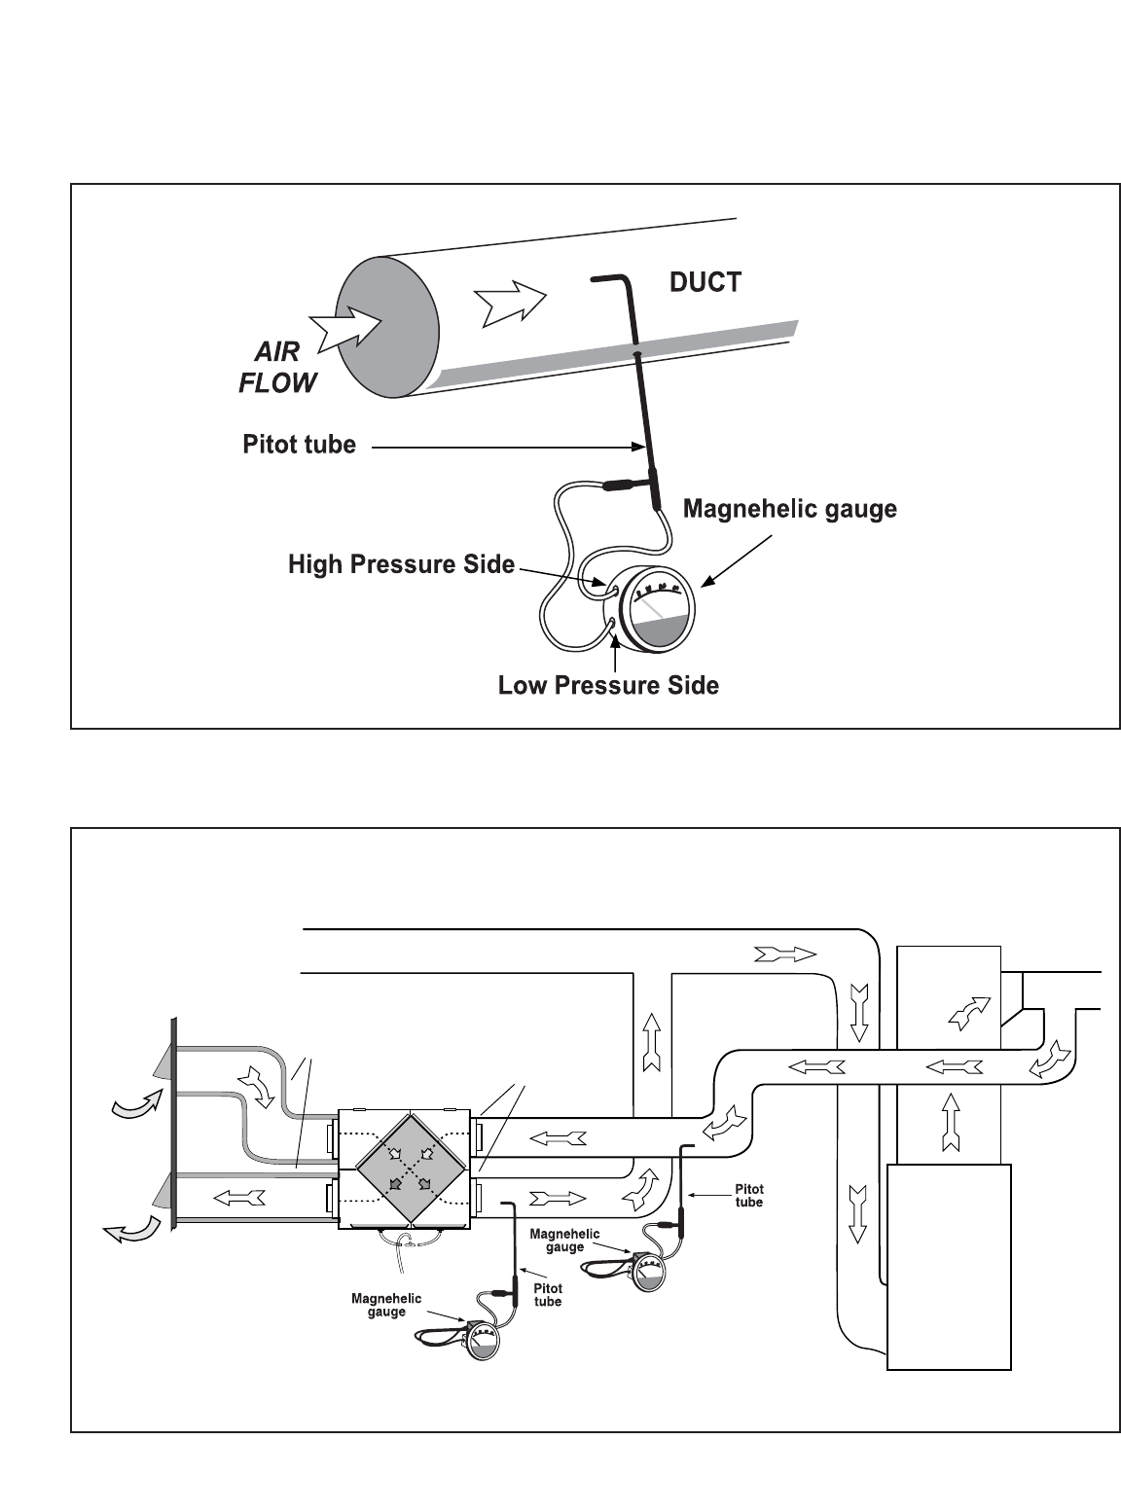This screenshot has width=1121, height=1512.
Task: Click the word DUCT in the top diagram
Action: point(705,282)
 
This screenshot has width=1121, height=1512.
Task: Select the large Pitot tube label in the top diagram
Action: point(299,446)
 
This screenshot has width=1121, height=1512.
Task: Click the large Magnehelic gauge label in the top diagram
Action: point(790,509)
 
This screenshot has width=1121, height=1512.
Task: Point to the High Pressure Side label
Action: point(401,564)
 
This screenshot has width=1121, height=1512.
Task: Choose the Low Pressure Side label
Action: point(608,686)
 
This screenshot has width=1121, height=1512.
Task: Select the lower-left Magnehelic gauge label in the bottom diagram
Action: point(386,1305)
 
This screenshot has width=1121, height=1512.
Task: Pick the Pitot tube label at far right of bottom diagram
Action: point(748,1196)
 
